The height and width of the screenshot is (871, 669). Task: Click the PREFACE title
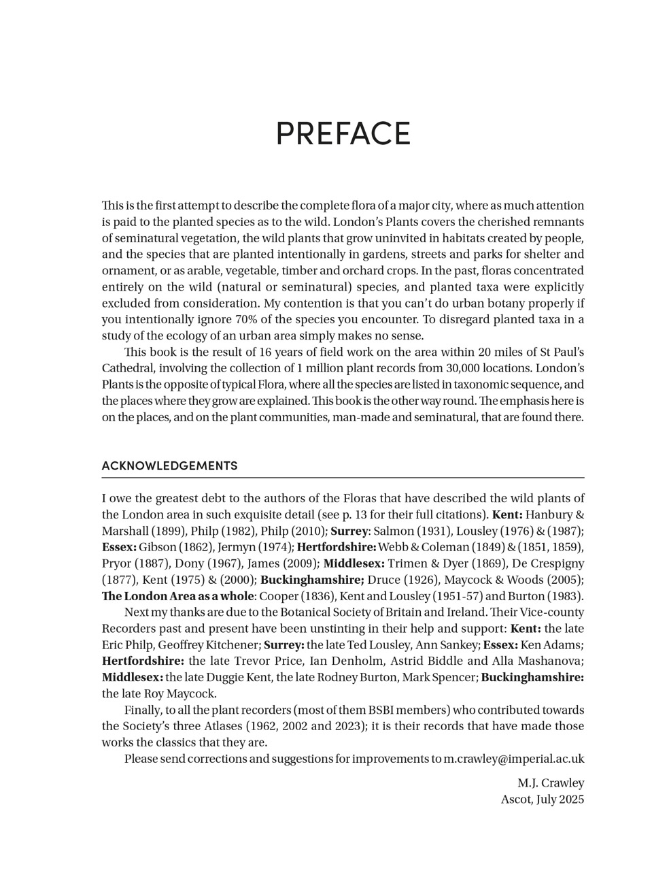pyautogui.click(x=343, y=134)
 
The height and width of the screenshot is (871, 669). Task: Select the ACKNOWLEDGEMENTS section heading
pyautogui.click(x=169, y=466)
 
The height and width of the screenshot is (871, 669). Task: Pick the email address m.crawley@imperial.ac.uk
pyautogui.click(x=513, y=759)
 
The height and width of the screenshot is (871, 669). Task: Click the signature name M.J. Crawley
pyautogui.click(x=550, y=783)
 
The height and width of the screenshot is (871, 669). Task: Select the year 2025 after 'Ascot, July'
pyautogui.click(x=572, y=800)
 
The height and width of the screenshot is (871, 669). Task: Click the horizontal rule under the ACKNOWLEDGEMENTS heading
pyautogui.click(x=343, y=478)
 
